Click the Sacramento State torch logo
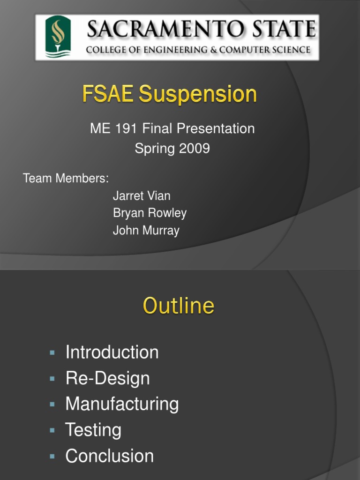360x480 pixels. pyautogui.click(x=58, y=37)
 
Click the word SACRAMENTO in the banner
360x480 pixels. pyautogui.click(x=158, y=30)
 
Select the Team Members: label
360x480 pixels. pyautogui.click(x=66, y=179)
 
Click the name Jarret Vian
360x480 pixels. pyautogui.click(x=142, y=196)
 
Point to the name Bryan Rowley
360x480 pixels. pyautogui.click(x=150, y=213)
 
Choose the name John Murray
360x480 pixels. pyautogui.click(x=146, y=231)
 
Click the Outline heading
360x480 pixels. pyautogui.click(x=179, y=306)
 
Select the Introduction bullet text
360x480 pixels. pyautogui.click(x=112, y=352)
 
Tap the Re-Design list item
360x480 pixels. pyautogui.click(x=107, y=378)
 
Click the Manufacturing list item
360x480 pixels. pyautogui.click(x=122, y=404)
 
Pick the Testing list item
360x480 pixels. pyautogui.click(x=93, y=430)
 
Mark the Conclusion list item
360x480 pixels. pyautogui.click(x=110, y=456)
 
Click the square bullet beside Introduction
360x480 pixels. pyautogui.click(x=52, y=352)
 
